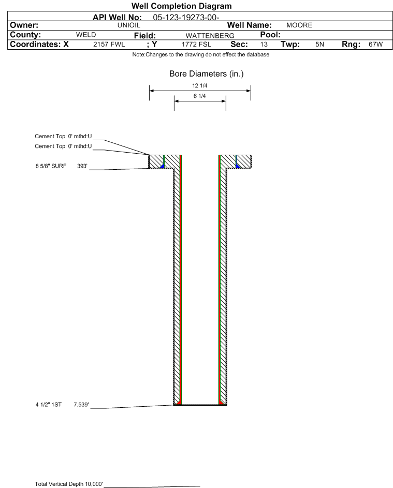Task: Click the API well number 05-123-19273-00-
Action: pos(186,18)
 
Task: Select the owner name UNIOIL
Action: pos(128,25)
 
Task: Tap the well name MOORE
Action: pos(299,25)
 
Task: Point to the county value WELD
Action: pos(86,35)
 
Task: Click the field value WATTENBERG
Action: pos(210,36)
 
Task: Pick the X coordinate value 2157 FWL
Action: pos(109,44)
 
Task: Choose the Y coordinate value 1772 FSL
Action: pos(196,44)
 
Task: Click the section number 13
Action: pos(264,44)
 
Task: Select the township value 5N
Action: pos(319,44)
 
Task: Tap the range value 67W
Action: pos(375,44)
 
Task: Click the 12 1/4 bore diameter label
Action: pos(200,85)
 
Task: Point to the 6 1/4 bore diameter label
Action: pos(200,96)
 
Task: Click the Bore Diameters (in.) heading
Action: pos(207,74)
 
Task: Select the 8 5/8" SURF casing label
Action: pos(51,166)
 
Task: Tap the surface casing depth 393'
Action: pos(82,166)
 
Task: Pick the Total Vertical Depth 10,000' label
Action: pos(69,484)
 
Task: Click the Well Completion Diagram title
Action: pos(182,6)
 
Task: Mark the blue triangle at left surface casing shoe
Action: pos(162,166)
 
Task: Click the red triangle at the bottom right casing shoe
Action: pos(222,403)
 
